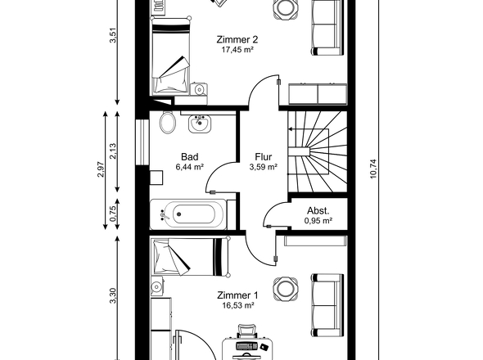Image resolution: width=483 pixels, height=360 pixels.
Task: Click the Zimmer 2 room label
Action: [x=237, y=40]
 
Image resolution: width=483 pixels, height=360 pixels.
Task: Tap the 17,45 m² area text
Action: [x=237, y=50]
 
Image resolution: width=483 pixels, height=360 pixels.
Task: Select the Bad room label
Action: [x=189, y=157]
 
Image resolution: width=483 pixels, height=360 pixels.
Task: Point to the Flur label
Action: [x=264, y=157]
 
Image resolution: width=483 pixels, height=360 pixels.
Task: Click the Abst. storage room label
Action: [x=318, y=211]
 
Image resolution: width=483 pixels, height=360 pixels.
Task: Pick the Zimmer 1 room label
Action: [x=237, y=295]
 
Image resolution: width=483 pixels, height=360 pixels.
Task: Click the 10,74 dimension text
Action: [x=373, y=169]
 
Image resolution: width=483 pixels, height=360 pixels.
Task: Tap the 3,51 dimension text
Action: [x=113, y=35]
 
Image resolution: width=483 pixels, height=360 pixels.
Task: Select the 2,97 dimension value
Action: [x=101, y=169]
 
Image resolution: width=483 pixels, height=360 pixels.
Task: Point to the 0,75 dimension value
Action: [x=113, y=214]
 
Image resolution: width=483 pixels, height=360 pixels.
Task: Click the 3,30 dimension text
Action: [x=113, y=295]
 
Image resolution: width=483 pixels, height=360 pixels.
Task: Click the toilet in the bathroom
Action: [x=168, y=123]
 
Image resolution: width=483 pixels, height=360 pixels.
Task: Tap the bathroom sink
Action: [x=199, y=124]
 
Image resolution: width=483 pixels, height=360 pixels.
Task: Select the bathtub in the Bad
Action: [x=188, y=214]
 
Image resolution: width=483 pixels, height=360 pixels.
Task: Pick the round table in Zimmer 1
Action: [x=285, y=289]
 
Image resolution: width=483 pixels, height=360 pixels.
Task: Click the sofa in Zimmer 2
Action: [x=327, y=28]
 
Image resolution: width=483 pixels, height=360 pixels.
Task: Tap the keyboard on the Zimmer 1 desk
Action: [x=246, y=346]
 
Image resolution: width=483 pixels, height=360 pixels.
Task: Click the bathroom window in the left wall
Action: [x=142, y=142]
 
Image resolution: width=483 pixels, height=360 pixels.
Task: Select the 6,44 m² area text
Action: [x=189, y=167]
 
